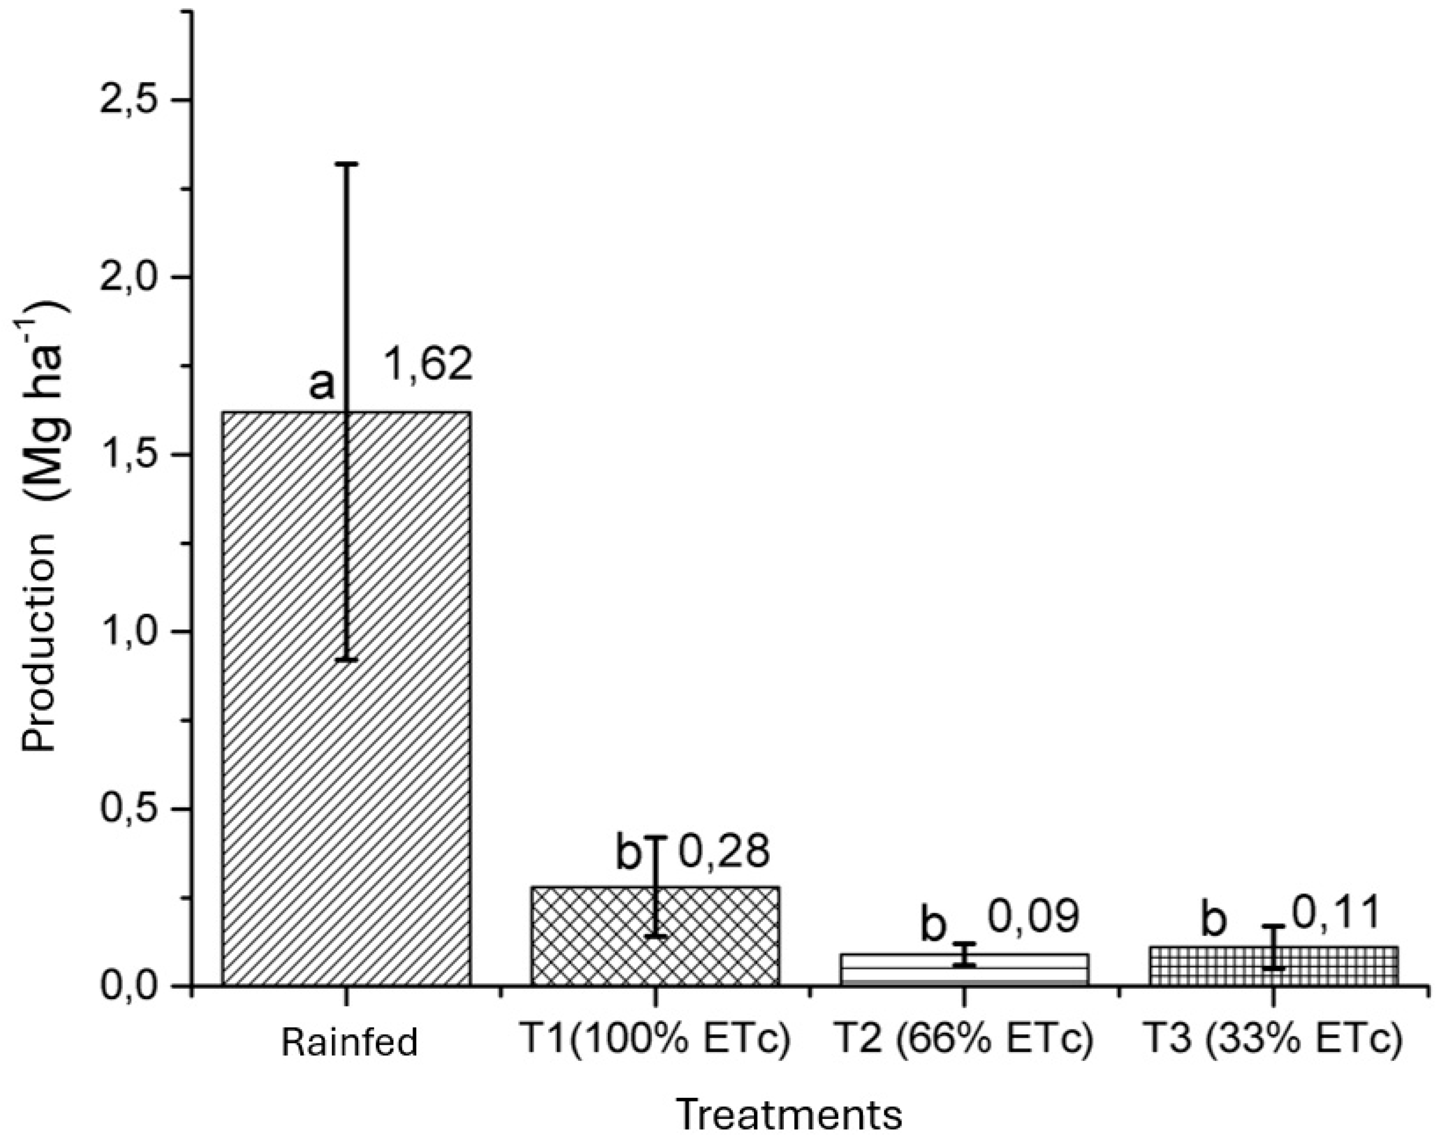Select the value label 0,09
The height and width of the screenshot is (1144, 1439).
pos(1032,917)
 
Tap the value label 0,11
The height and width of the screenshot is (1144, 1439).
pos(1337,914)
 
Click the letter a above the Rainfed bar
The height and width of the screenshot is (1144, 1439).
pos(322,385)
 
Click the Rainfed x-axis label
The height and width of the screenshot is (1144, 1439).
pos(349,1042)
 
